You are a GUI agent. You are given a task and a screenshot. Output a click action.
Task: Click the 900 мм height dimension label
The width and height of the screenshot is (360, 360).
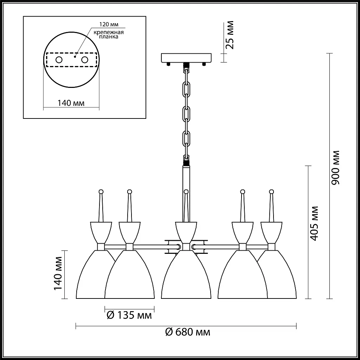coord(335,168)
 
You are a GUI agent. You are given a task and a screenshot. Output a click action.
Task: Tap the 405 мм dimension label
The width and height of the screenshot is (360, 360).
coord(314,223)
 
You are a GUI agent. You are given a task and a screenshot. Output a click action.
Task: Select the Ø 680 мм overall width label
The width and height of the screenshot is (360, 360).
coord(188,332)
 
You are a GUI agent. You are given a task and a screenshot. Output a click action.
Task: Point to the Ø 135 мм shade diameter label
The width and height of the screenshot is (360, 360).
coord(129,315)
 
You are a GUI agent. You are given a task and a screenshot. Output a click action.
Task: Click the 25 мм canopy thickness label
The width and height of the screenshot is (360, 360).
coord(230,35)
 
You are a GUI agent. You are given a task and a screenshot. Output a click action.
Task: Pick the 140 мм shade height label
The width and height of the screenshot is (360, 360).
coord(58,274)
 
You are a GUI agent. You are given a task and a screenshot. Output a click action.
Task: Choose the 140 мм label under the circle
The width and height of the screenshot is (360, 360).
coord(71,103)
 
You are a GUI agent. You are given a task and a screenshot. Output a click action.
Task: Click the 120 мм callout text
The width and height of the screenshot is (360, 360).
coord(109,24)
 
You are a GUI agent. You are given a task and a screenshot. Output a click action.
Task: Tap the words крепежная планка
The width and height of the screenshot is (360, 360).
coord(109,34)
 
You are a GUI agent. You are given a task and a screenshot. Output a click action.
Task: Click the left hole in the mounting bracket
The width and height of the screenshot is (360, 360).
coord(59,60)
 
